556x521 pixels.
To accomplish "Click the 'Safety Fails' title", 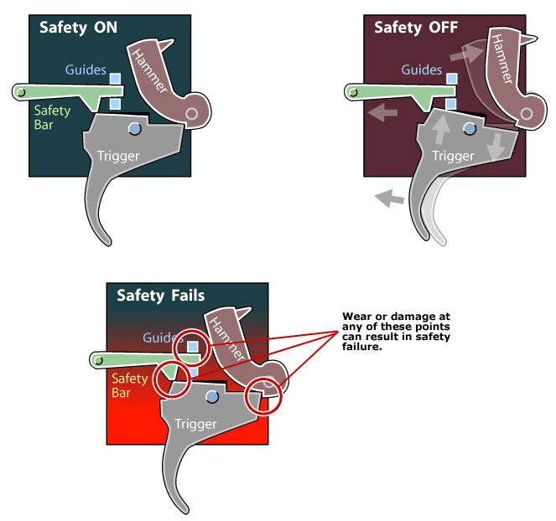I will coord(160,295).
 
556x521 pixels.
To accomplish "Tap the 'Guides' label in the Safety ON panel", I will coord(86,71).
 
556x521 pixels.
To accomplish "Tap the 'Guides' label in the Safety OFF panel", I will coord(421,70).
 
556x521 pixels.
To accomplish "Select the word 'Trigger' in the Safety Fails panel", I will coord(195,424).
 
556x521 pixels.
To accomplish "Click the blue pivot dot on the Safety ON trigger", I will coord(133,128).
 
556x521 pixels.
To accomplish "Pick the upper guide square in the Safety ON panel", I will coord(115,79).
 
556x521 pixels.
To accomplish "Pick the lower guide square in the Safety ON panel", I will coord(115,103).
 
